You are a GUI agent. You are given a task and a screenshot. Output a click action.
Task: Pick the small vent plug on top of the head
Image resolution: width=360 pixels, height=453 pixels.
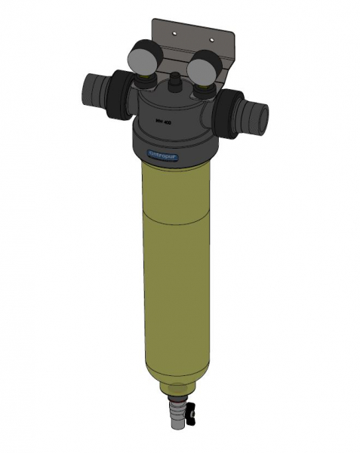(174, 77)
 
